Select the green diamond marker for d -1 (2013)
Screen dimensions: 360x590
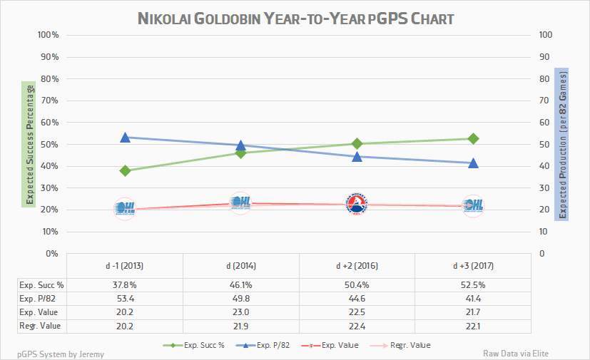[x=125, y=170]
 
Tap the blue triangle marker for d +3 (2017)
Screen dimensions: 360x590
[x=473, y=163]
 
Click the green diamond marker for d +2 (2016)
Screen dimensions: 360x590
[x=357, y=143]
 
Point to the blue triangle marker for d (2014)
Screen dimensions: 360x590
[x=241, y=145]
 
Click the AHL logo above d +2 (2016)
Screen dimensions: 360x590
[x=357, y=205]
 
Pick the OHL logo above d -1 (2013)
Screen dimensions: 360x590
[x=125, y=209]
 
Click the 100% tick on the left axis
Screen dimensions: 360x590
[x=47, y=35]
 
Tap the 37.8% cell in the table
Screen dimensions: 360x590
[x=125, y=284]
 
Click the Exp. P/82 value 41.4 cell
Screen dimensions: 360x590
[x=473, y=298]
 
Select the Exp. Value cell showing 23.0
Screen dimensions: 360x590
[x=241, y=312]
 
